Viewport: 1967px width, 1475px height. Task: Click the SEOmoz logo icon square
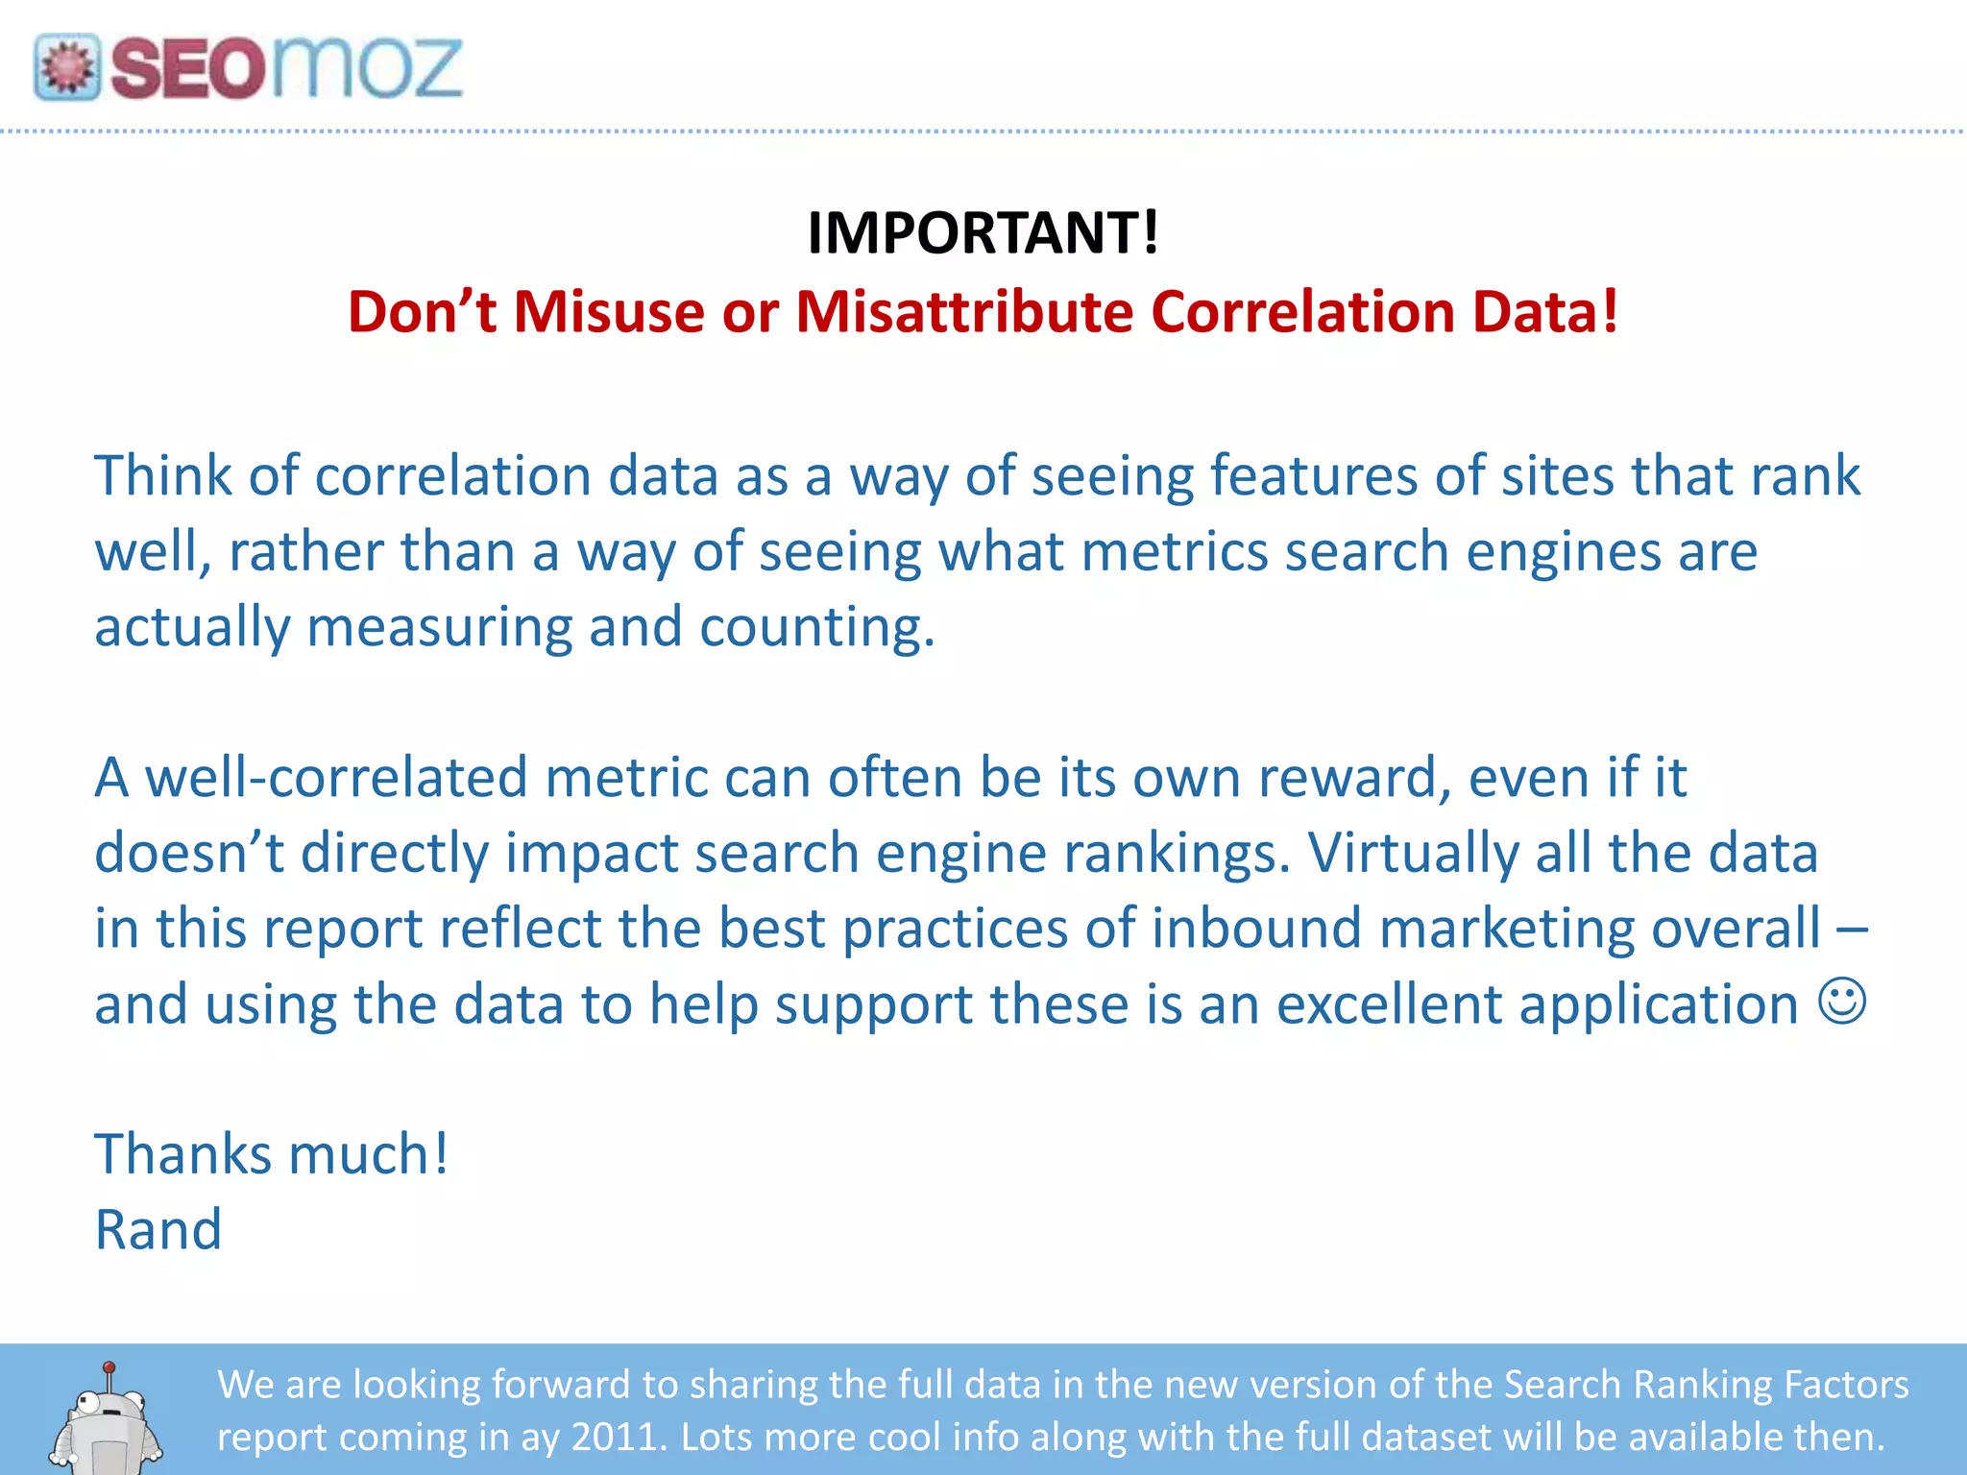(66, 67)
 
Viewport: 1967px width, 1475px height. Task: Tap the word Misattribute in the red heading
(964, 312)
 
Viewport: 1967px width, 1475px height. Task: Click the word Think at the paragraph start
(162, 475)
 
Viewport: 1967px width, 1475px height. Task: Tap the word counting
(816, 628)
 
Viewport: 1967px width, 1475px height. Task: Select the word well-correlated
(336, 777)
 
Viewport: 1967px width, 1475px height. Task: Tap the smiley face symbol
(1842, 1002)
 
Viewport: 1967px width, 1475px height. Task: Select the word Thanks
(182, 1154)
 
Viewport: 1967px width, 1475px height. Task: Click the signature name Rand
(158, 1230)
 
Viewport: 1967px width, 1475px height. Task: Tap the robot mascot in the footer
(107, 1418)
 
